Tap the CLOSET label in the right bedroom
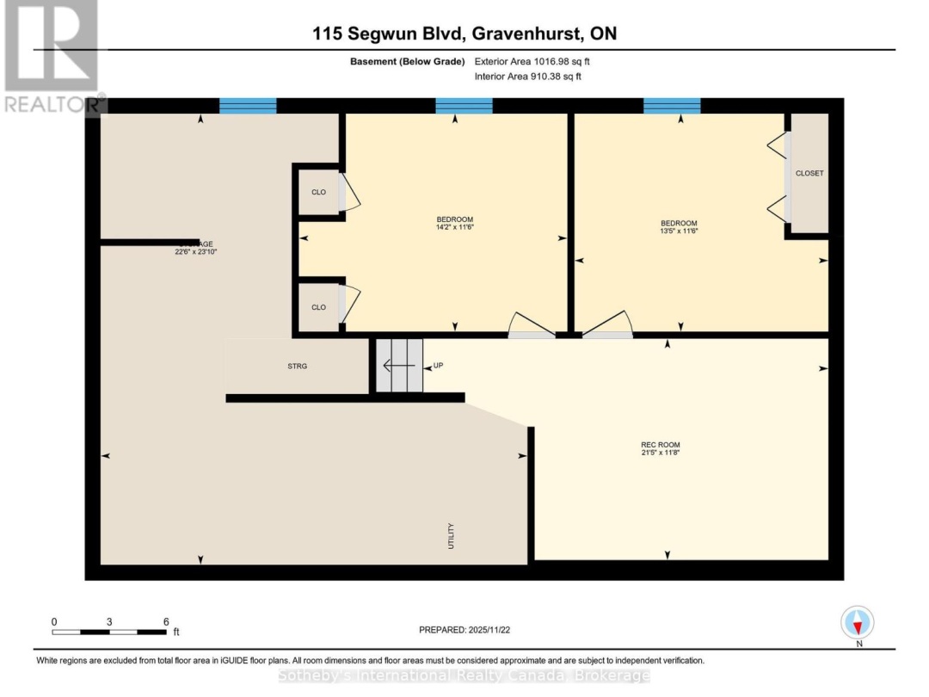point(809,173)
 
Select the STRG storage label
point(297,366)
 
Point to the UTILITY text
point(451,536)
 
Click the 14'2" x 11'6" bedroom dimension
point(455,228)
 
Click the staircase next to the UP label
point(400,365)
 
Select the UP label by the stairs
point(438,366)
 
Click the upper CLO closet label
point(319,192)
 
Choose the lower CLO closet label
point(319,307)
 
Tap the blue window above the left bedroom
point(464,106)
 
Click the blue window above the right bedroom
point(672,106)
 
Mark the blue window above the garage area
point(248,106)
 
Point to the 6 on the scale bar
point(165,620)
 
